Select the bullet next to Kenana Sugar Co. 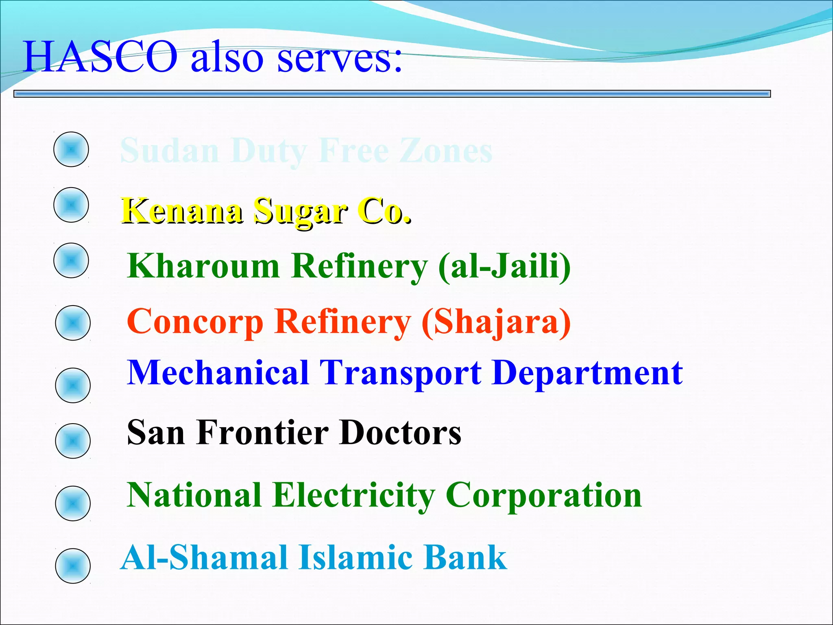71,205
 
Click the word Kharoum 203,266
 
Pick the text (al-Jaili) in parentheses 504,267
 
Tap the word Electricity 354,496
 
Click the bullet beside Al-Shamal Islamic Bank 73,566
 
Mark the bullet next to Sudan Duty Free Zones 71,149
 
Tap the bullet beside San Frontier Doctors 73,441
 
